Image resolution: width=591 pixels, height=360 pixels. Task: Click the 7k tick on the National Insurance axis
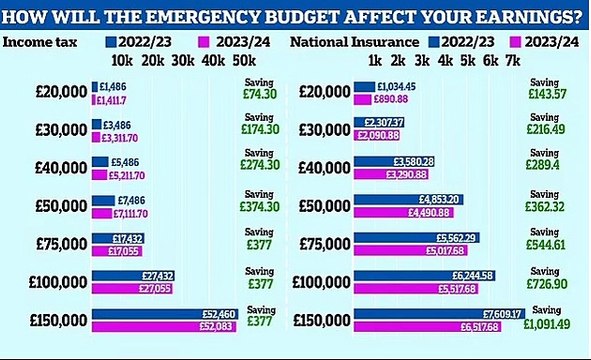(511, 62)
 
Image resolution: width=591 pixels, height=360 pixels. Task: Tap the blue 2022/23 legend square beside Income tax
(111, 43)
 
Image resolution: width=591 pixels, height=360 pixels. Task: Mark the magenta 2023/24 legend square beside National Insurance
(518, 43)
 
